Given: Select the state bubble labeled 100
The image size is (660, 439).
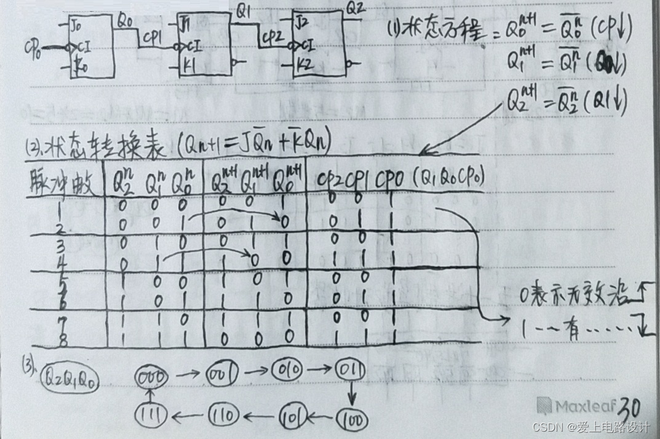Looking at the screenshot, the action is pyautogui.click(x=352, y=420).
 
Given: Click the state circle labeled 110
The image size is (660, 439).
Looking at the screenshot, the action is pyautogui.click(x=223, y=416).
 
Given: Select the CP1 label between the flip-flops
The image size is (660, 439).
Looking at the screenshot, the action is pyautogui.click(x=152, y=38).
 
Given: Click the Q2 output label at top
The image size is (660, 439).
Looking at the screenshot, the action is pyautogui.click(x=356, y=9).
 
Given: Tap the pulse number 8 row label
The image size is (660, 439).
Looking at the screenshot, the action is pyautogui.click(x=64, y=339).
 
